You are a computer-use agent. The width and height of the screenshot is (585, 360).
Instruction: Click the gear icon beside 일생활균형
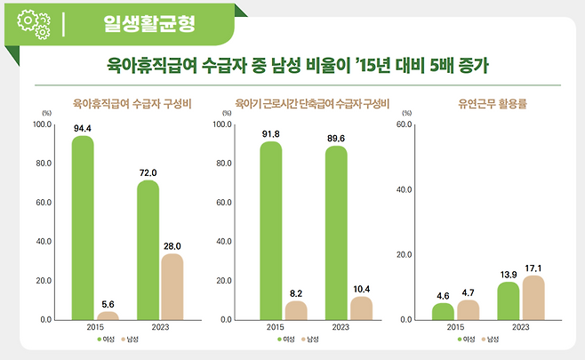tap(34, 21)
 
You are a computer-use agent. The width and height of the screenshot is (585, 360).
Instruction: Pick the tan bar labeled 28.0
tap(172, 286)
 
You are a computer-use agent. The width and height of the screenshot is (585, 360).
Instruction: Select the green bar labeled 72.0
tap(148, 250)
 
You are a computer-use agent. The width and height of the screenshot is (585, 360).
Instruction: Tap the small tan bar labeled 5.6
tap(107, 315)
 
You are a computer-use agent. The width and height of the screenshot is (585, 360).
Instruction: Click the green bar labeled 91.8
tap(271, 230)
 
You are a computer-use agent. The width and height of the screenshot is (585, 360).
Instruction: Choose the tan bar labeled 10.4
tap(361, 308)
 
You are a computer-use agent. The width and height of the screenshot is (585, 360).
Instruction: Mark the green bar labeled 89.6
tap(336, 233)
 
